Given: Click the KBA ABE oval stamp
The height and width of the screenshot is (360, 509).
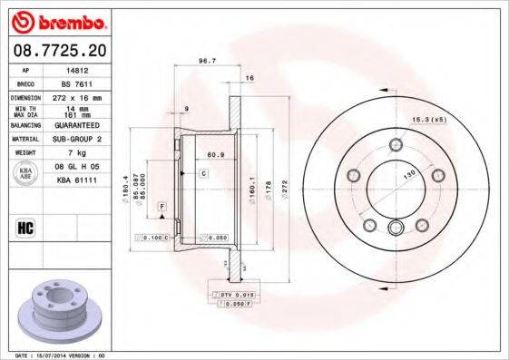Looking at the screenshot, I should [25, 174].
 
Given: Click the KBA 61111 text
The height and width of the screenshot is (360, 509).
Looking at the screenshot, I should [77, 181].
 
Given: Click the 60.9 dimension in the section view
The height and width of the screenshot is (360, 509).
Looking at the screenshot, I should [215, 155].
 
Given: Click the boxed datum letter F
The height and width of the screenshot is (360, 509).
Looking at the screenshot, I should [162, 208].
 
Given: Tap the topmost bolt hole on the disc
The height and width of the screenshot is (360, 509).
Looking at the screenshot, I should [395, 144].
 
